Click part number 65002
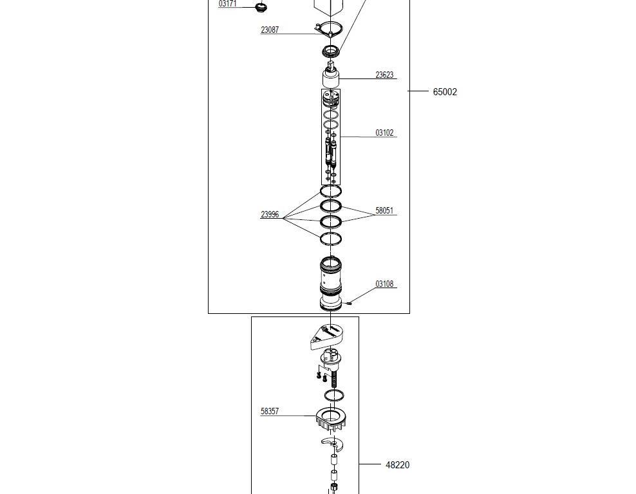(445, 92)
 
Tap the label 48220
(398, 465)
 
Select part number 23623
(384, 75)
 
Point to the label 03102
(384, 133)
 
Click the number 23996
(270, 214)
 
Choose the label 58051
(384, 210)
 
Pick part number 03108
(384, 284)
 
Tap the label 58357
(270, 411)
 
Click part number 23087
(270, 30)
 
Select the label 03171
(227, 4)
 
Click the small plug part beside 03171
(261, 7)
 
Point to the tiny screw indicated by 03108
(348, 303)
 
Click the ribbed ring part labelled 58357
(331, 420)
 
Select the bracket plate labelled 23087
(329, 29)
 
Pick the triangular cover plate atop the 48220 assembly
(327, 336)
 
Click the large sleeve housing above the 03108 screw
(331, 284)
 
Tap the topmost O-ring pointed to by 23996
(331, 191)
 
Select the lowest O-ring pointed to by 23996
(331, 239)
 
